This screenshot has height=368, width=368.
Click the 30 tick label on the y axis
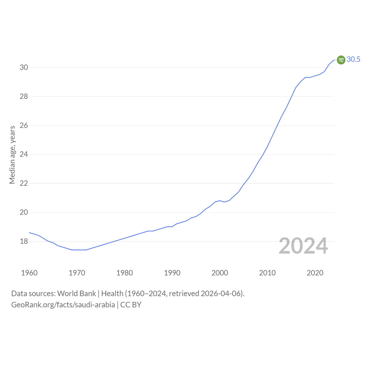click(24, 67)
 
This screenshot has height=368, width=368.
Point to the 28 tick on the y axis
click(24, 96)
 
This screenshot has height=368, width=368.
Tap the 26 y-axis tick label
click(24, 125)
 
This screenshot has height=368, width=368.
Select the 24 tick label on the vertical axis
click(24, 154)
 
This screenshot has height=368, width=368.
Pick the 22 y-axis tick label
click(24, 183)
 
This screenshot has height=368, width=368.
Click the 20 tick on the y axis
click(24, 212)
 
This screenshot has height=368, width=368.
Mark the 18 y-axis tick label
click(24, 241)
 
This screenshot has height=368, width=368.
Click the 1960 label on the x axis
click(29, 273)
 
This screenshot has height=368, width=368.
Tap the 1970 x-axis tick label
click(77, 273)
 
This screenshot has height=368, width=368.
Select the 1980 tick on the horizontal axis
click(124, 273)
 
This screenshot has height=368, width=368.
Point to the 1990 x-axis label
click(172, 273)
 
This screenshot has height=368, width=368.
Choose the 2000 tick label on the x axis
click(220, 273)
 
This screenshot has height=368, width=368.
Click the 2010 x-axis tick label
click(267, 273)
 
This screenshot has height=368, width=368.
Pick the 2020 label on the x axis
click(315, 273)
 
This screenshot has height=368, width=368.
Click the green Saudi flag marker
click(341, 60)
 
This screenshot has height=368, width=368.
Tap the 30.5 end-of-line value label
click(353, 59)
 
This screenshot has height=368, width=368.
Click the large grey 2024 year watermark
click(303, 246)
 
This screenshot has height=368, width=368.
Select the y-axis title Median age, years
click(12, 155)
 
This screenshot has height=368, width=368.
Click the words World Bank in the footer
click(76, 294)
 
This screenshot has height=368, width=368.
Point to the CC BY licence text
click(131, 305)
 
